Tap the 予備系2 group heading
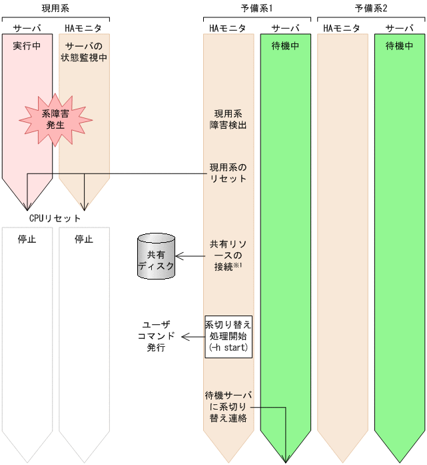click(x=370, y=7)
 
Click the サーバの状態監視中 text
click(x=84, y=51)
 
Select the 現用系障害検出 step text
click(x=228, y=119)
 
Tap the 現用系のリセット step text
click(x=228, y=173)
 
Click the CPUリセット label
click(x=55, y=218)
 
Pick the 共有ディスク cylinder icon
click(x=156, y=256)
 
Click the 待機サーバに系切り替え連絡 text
click(x=228, y=406)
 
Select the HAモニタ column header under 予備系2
click(x=342, y=28)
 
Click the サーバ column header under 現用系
click(x=27, y=28)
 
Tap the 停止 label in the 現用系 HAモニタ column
click(x=84, y=239)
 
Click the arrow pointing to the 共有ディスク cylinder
click(x=190, y=256)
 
